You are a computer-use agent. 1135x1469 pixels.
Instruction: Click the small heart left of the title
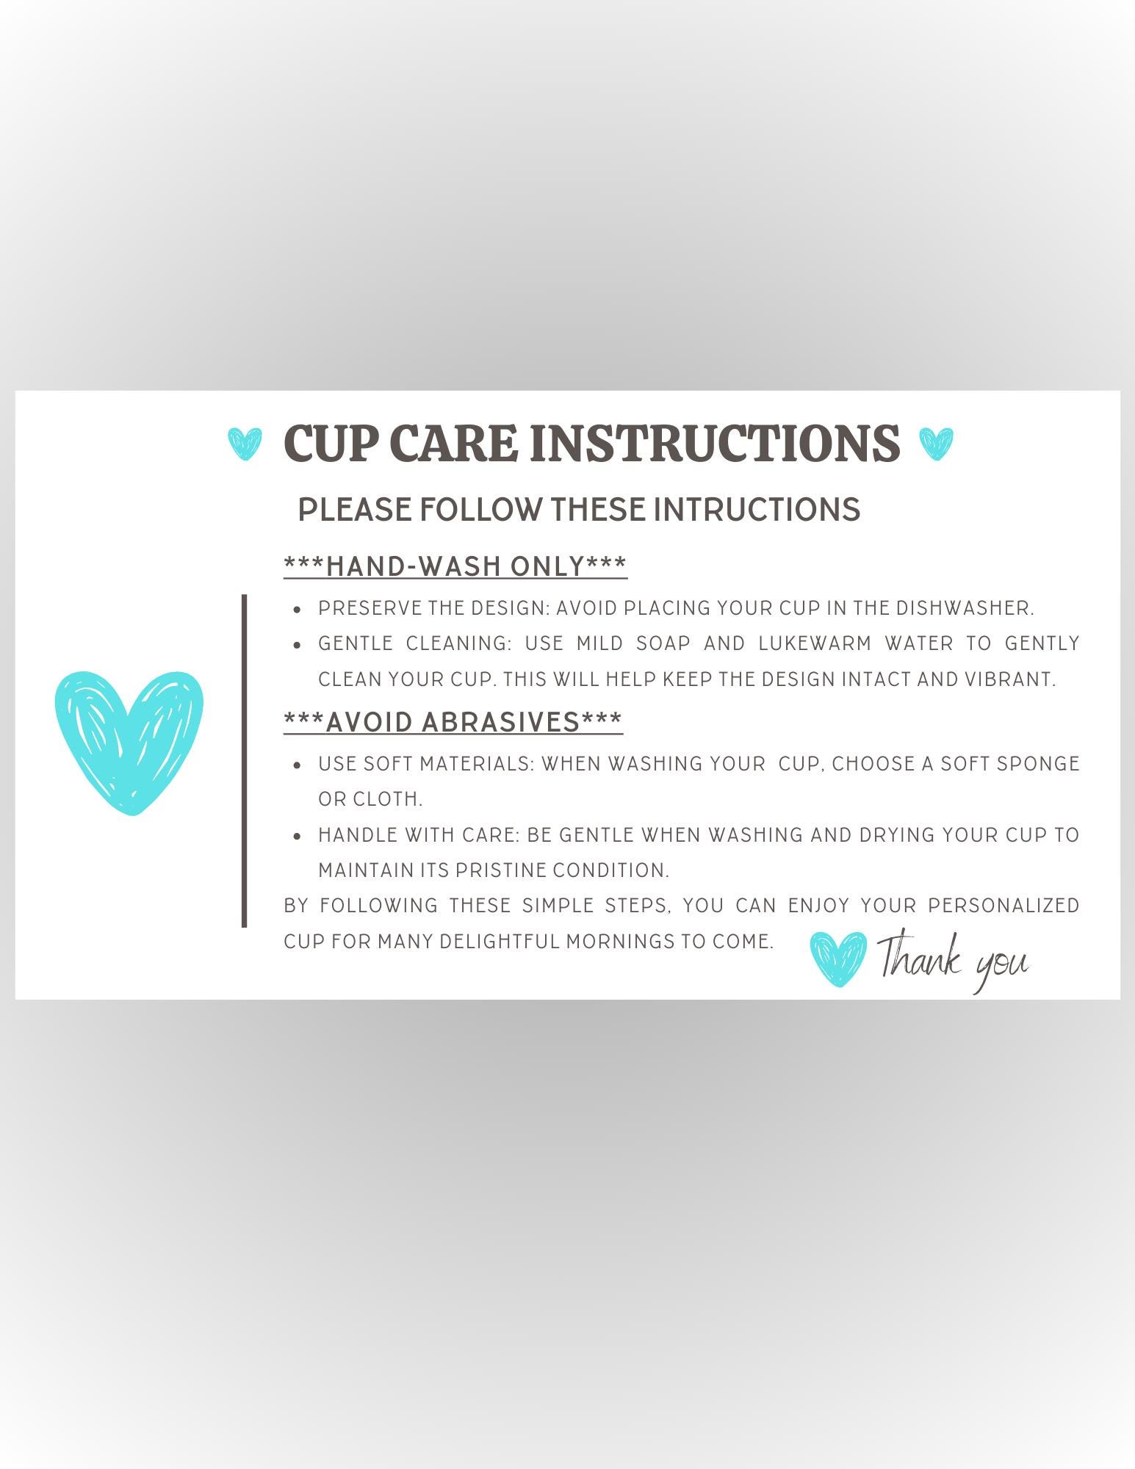click(245, 444)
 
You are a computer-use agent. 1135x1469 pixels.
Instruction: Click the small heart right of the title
click(936, 444)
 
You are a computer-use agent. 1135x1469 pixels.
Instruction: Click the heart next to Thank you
click(838, 959)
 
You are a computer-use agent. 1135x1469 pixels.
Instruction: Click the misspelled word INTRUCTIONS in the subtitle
click(757, 510)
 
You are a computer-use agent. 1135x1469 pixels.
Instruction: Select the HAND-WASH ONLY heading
click(455, 566)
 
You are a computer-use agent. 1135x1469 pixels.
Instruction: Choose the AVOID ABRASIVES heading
click(453, 722)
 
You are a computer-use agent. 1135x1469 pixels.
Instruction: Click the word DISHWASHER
click(965, 608)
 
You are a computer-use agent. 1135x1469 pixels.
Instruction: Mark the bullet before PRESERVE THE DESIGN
click(297, 610)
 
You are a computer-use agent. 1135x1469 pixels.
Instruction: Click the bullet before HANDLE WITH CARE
click(297, 836)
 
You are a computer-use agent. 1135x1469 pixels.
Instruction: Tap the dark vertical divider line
click(244, 761)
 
